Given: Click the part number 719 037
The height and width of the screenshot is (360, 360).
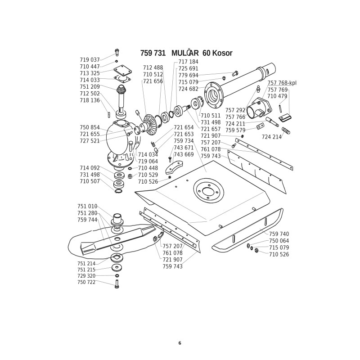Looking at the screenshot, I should click(x=90, y=60).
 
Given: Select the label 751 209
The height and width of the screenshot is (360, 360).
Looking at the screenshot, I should click(x=90, y=87).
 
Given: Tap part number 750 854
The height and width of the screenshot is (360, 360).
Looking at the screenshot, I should click(x=90, y=128).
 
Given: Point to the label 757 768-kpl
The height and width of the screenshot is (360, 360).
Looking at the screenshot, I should click(x=282, y=83).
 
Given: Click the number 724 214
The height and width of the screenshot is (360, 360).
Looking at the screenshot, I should click(x=271, y=137).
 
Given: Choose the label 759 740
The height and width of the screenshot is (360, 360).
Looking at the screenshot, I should click(x=279, y=234).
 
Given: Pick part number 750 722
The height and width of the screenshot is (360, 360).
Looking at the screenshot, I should click(x=86, y=282).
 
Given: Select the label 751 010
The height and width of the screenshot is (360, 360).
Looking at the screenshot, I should click(x=87, y=207).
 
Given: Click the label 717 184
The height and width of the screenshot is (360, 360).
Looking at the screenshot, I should click(x=188, y=62).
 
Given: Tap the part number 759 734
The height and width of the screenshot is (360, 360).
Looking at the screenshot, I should click(x=184, y=141).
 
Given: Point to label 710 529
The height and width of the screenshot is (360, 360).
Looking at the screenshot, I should click(x=148, y=175).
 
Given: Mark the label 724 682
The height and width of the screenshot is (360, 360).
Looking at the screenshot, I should click(x=188, y=89).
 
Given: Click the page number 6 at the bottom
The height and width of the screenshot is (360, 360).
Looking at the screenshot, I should click(x=180, y=343).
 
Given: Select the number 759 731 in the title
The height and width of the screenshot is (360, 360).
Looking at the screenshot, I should click(x=153, y=53).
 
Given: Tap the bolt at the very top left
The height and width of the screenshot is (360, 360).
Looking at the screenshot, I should click(x=117, y=53).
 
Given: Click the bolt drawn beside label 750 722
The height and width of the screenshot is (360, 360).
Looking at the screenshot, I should click(x=117, y=284).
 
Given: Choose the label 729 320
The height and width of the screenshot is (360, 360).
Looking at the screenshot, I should click(x=86, y=276).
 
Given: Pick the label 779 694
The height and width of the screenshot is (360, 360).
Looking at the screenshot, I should click(x=188, y=76).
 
